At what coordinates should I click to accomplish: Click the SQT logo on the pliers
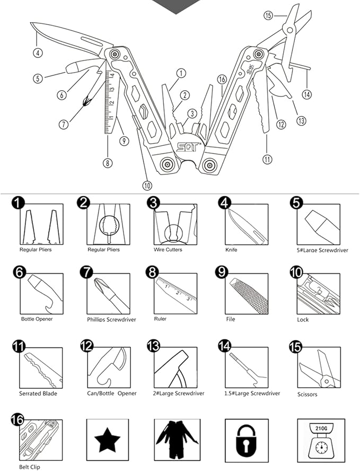point(187,147)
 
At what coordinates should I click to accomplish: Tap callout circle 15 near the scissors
point(268,15)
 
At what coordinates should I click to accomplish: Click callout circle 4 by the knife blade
point(38,53)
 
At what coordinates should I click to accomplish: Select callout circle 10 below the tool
point(147,185)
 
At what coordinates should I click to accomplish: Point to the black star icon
point(107,440)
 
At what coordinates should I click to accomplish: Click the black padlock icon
point(247,441)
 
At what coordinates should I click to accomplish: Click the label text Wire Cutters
point(168,249)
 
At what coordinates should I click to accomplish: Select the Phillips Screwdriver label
point(111,319)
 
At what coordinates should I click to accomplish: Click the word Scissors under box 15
point(307,394)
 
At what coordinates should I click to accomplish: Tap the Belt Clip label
point(29,467)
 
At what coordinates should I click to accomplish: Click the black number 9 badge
point(222,272)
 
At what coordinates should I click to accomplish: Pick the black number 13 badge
point(153,345)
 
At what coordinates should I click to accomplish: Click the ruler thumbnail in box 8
point(175,293)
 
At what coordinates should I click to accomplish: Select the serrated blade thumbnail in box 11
point(41,368)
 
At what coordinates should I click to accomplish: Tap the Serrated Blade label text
point(38,394)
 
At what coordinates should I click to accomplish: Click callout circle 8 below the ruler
point(108,163)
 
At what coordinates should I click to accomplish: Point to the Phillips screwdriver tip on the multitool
point(86,101)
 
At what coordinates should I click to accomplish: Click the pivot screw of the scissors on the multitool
point(289,30)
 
